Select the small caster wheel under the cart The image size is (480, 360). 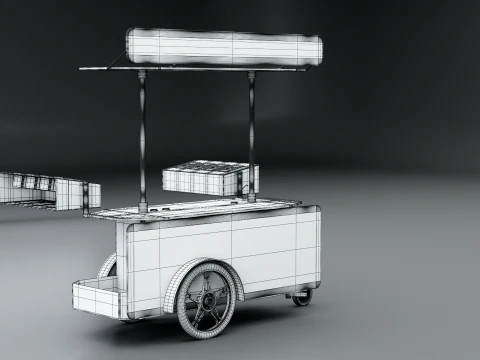pos(302,296)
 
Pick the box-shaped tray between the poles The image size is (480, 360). pos(208,177)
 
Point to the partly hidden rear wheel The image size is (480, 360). pos(108,266)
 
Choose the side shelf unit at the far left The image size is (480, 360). pos(45,189)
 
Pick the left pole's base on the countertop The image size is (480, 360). pos(144,209)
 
